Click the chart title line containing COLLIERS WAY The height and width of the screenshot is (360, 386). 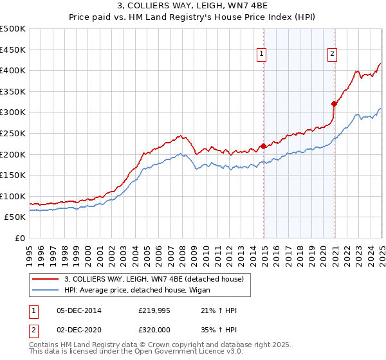click(x=193, y=7)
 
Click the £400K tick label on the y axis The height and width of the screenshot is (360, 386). click(x=13, y=70)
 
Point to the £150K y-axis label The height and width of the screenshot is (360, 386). click(x=13, y=175)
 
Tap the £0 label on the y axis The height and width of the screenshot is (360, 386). click(x=20, y=238)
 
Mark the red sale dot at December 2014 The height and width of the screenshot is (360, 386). click(x=264, y=146)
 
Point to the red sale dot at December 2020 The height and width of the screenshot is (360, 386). click(x=334, y=104)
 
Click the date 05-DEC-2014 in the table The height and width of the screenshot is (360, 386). click(x=78, y=310)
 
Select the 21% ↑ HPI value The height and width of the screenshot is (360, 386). click(x=219, y=310)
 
